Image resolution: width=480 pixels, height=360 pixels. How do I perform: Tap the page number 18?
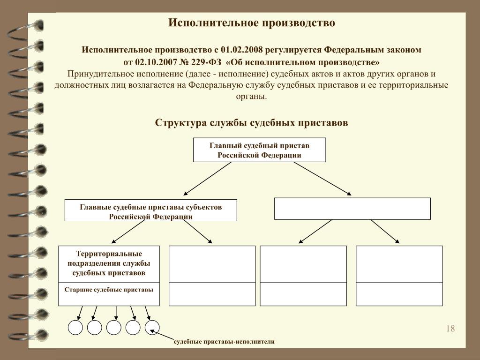(450, 329)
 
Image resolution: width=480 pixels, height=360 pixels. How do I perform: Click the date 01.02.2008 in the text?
(241, 50)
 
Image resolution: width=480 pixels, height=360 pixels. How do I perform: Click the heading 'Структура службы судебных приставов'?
(251, 123)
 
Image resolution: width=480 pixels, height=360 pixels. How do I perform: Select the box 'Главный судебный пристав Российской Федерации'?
(259, 150)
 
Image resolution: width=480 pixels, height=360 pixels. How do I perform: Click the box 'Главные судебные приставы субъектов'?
(150, 210)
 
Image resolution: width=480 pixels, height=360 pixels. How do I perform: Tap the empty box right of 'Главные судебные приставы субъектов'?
(352, 209)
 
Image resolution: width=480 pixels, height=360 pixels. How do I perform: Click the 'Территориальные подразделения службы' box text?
(109, 263)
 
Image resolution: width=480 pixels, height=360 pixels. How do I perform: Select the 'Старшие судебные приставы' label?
(109, 290)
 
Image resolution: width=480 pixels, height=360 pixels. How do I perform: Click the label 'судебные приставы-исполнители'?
(224, 342)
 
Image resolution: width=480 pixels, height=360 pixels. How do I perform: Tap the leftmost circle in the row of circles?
(75, 328)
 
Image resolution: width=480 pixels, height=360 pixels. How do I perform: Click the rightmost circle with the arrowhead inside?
(152, 328)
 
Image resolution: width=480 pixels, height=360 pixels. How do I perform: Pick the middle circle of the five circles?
(114, 328)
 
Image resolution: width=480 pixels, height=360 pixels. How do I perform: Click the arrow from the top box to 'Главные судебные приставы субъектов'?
(207, 179)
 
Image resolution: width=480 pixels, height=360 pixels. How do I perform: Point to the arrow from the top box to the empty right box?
(322, 179)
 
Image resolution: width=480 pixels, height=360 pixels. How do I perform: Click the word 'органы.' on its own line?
(251, 97)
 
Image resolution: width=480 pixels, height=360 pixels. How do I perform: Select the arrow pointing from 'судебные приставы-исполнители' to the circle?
(162, 335)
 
